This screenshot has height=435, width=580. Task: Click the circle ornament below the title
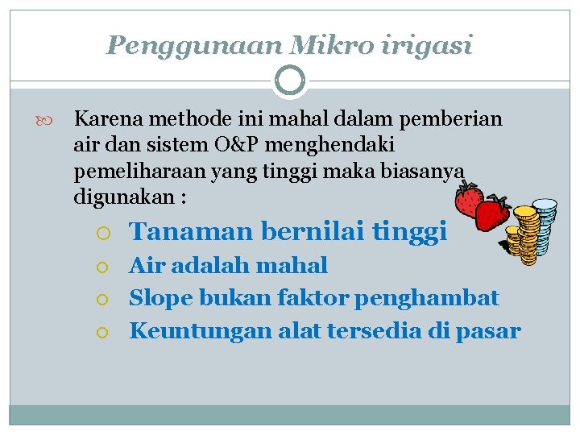[x=290, y=81]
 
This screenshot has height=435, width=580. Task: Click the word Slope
[x=163, y=298]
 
